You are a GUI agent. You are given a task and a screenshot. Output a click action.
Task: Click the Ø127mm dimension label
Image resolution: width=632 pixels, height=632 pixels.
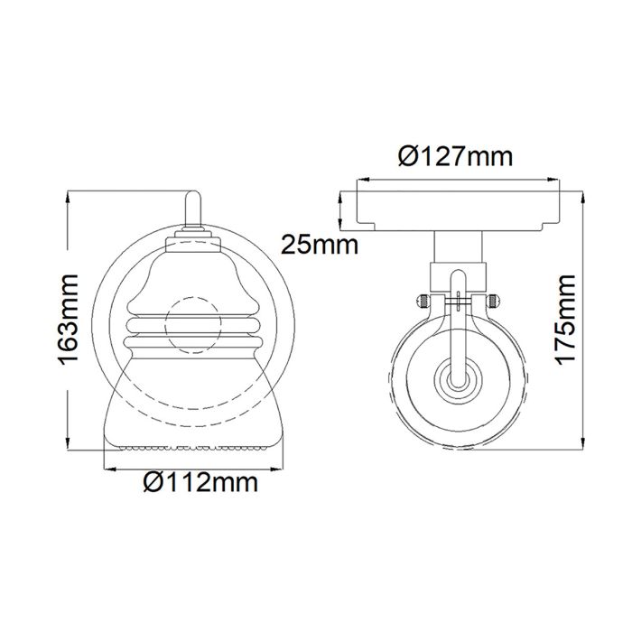point(455,157)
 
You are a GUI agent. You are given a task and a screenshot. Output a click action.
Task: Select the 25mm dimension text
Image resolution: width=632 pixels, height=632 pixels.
point(319,244)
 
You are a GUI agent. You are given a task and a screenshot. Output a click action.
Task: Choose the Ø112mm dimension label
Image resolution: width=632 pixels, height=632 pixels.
point(200,483)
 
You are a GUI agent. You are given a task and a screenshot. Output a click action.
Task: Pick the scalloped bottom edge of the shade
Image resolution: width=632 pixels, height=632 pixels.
point(194,448)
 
